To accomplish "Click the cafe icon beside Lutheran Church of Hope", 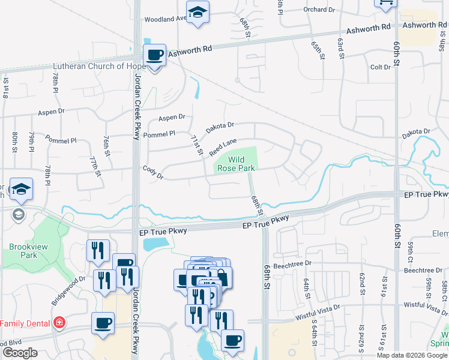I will tap(155, 56).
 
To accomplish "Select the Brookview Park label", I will tap(23, 251).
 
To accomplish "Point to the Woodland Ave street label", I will tap(166, 19).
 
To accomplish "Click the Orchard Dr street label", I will tap(319, 10).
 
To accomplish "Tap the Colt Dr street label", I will tap(381, 67).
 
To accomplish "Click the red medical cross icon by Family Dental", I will tap(59, 323).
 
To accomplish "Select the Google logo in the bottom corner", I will tap(19, 353).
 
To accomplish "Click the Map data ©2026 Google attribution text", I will tap(412, 355).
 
